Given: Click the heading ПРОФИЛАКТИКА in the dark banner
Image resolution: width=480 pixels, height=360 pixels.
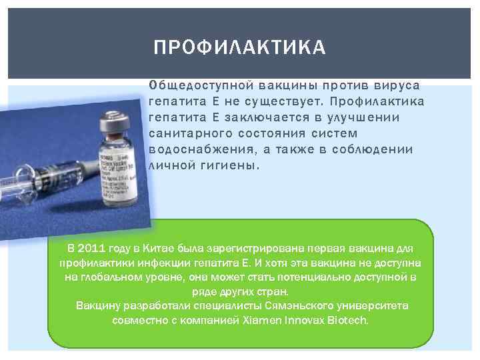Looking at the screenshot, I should (239, 48).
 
